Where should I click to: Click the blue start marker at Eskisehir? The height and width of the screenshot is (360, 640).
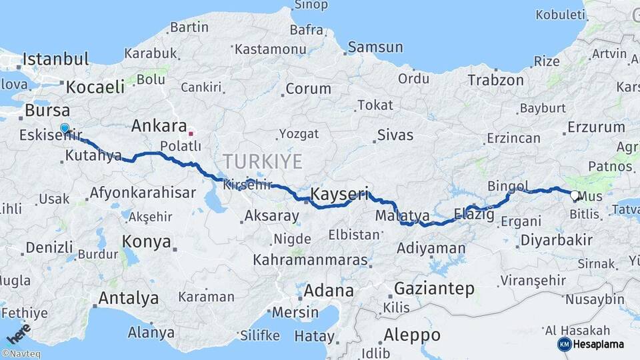[x=65, y=128]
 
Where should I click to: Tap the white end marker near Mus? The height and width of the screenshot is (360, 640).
[x=575, y=195]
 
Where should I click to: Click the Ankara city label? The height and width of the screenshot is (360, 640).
[x=159, y=126]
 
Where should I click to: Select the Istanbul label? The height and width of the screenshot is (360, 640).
[x=55, y=59]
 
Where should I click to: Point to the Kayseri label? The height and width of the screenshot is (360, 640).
[x=339, y=195]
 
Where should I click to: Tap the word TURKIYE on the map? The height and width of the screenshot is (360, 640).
[x=263, y=161]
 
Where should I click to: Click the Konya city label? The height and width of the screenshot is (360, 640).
[x=146, y=241]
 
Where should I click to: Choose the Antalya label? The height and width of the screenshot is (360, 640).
[x=129, y=297]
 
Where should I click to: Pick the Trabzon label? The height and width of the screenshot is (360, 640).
[x=495, y=80]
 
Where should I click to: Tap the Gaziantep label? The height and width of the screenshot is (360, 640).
[x=434, y=289]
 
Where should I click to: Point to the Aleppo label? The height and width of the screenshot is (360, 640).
[x=412, y=335]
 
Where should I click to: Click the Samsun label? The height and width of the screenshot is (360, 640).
[x=375, y=47]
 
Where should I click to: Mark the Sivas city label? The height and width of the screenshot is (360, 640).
[x=395, y=135]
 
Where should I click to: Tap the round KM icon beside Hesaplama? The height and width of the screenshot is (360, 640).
[x=564, y=344]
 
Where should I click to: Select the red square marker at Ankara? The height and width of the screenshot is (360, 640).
[x=191, y=133]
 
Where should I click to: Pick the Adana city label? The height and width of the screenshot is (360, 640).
[x=329, y=291]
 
